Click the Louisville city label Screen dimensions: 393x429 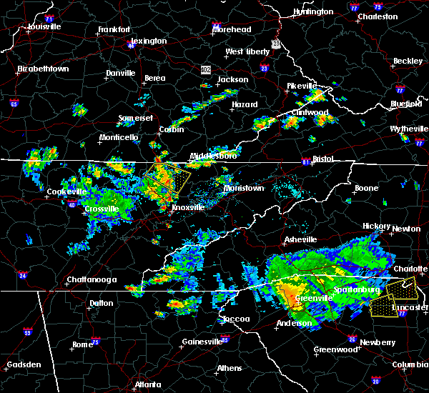coord(44,27)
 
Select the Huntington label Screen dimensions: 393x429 coord(313,12)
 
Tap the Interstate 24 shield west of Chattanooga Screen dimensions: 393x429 coord(24,274)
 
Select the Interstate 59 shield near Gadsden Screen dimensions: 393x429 coord(27,332)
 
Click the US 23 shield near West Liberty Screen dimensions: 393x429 coord(264,69)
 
